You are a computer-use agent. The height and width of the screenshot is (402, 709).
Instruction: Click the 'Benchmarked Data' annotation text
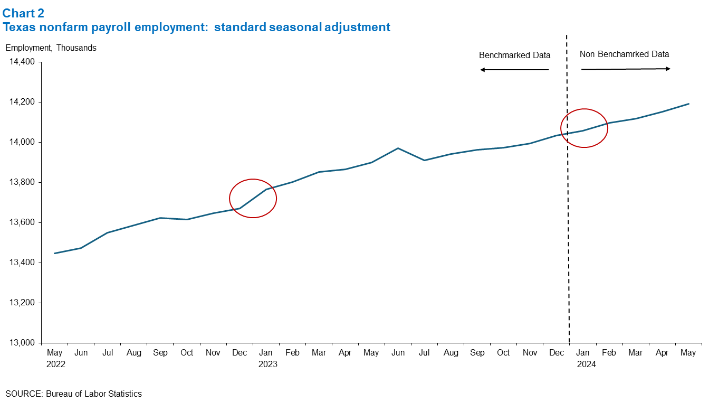(514, 55)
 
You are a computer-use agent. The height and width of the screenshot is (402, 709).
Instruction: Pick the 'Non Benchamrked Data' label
(624, 54)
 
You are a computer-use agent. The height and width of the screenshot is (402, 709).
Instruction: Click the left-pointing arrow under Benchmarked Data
(514, 70)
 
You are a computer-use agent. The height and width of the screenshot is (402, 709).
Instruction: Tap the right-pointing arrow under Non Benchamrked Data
(626, 69)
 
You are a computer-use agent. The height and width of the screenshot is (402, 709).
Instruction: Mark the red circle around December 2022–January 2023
(253, 198)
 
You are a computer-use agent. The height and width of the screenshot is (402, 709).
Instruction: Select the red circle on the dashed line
(584, 128)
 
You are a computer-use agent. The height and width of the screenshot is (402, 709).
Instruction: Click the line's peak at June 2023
(398, 148)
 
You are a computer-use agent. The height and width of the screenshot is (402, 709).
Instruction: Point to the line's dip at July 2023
(424, 160)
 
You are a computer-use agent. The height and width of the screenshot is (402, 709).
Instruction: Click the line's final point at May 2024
(688, 104)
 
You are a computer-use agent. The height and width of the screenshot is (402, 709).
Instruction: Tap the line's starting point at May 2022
(55, 253)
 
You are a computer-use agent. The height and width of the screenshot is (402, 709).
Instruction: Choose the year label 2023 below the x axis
(267, 364)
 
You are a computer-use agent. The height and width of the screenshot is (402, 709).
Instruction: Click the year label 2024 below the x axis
(586, 364)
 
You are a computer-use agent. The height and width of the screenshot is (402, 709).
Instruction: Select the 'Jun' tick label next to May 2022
(81, 352)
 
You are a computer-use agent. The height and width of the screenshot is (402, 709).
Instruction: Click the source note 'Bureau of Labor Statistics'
(94, 394)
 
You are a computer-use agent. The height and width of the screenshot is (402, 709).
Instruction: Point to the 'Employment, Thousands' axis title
(51, 48)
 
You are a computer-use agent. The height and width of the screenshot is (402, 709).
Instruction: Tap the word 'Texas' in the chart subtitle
(18, 27)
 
